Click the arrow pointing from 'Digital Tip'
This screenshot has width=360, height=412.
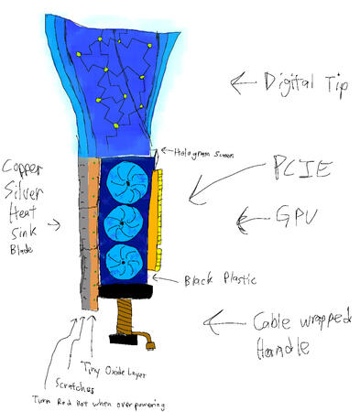[x=243, y=85]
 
